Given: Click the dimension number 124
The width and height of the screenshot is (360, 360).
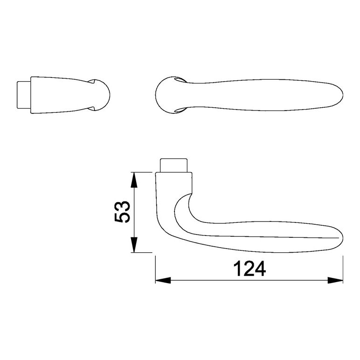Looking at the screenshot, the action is coord(249,269).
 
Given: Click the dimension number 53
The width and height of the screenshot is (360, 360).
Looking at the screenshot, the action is coord(122,212).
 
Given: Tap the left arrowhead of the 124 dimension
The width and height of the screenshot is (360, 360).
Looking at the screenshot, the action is coord(163,280).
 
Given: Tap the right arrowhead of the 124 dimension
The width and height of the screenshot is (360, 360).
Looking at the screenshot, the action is coord(335,280).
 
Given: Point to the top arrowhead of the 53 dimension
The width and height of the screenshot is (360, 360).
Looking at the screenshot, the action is coord(134,180).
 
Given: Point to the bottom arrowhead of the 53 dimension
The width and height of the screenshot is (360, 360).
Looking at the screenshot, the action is coord(134,245).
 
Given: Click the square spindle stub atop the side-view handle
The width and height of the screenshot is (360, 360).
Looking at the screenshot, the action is coord(174,165).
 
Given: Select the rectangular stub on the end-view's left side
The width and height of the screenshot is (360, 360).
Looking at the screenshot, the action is coord(24,95).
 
